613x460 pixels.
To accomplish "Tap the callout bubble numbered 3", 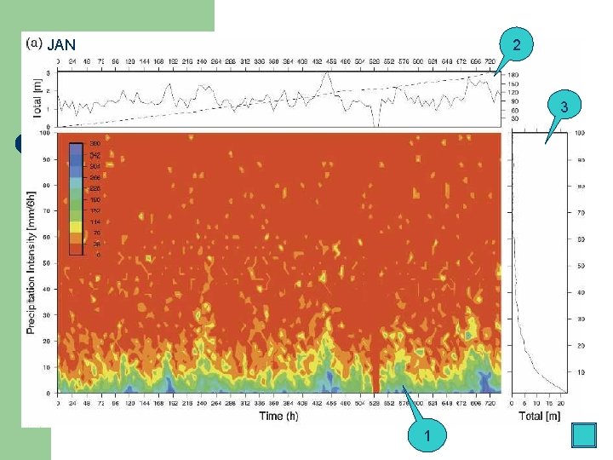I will [563, 107].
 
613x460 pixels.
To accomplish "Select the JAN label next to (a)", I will [62, 45].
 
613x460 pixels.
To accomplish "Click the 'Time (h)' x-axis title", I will [278, 415].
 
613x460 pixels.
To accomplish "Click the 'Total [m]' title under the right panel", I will [538, 415].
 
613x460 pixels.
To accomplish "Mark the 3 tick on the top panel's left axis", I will [47, 73].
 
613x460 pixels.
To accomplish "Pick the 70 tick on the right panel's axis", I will [581, 211].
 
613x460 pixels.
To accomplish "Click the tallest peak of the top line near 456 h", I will [325, 75].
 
